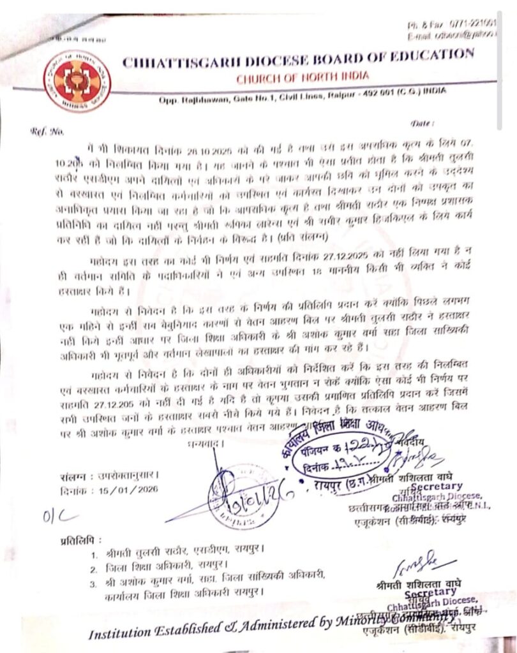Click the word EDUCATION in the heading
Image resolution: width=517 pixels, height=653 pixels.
[428, 55]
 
